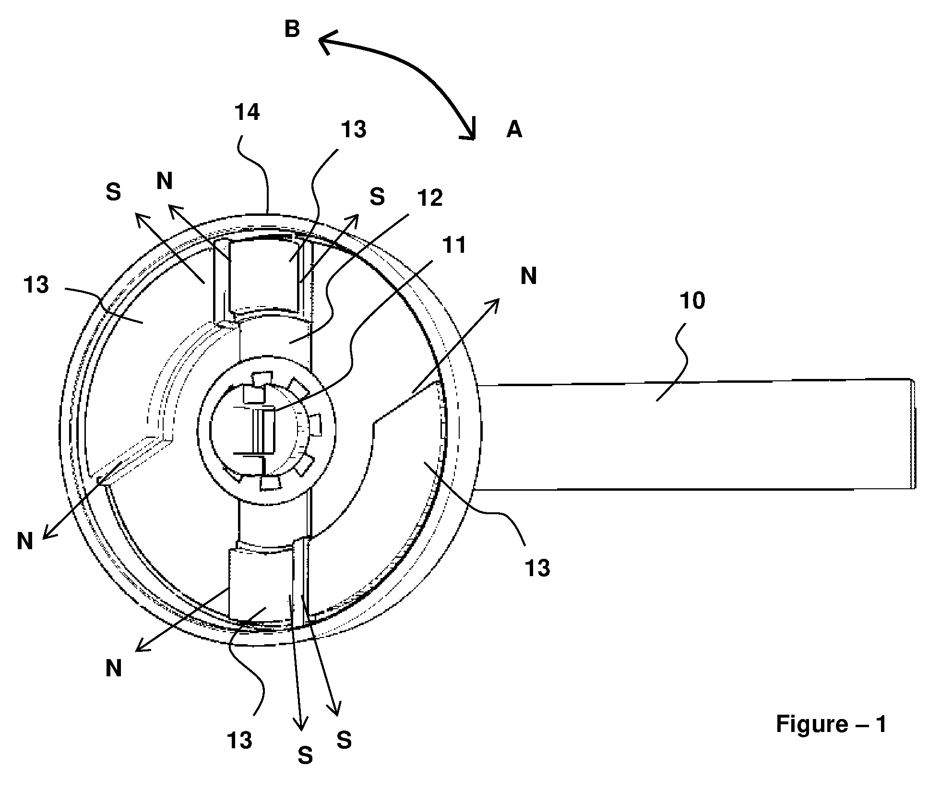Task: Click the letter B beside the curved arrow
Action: (x=292, y=29)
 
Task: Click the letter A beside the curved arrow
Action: (x=514, y=130)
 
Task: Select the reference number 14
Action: (x=247, y=112)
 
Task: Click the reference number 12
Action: (x=429, y=198)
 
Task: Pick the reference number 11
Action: (x=453, y=246)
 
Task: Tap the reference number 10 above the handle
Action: (x=692, y=301)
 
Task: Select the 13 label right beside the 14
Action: (x=354, y=130)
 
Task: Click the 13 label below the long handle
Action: (x=537, y=568)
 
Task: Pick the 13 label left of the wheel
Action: (x=36, y=285)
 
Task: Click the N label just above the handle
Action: (x=529, y=276)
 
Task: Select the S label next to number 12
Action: (x=377, y=197)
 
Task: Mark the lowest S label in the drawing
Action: (x=306, y=756)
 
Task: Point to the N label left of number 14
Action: (x=165, y=181)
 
